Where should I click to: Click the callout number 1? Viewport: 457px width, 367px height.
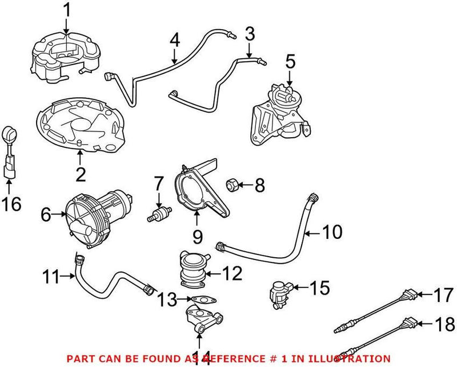67,10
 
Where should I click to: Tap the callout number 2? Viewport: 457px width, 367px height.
81,174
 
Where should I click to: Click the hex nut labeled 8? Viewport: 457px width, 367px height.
233,185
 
